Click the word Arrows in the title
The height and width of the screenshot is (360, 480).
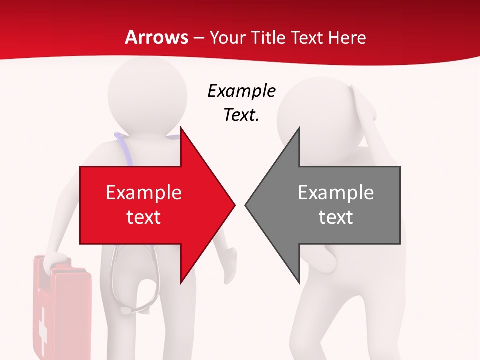point(157,37)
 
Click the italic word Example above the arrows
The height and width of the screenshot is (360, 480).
point(241,91)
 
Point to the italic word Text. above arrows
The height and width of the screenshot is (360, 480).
point(241,115)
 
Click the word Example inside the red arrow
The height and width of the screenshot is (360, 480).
point(144,192)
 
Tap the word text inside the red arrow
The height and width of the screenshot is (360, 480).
point(144,217)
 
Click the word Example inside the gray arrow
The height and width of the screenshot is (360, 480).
point(336,192)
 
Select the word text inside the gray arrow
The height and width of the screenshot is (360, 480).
point(336,217)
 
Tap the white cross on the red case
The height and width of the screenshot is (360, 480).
point(43,325)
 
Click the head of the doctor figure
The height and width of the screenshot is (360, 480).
point(147,95)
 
